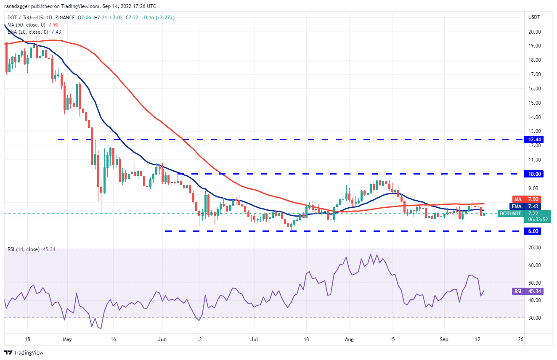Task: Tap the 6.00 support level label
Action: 532,231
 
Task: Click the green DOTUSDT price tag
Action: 510,214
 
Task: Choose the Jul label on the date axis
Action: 253,339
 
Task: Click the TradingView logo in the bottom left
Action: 24,352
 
